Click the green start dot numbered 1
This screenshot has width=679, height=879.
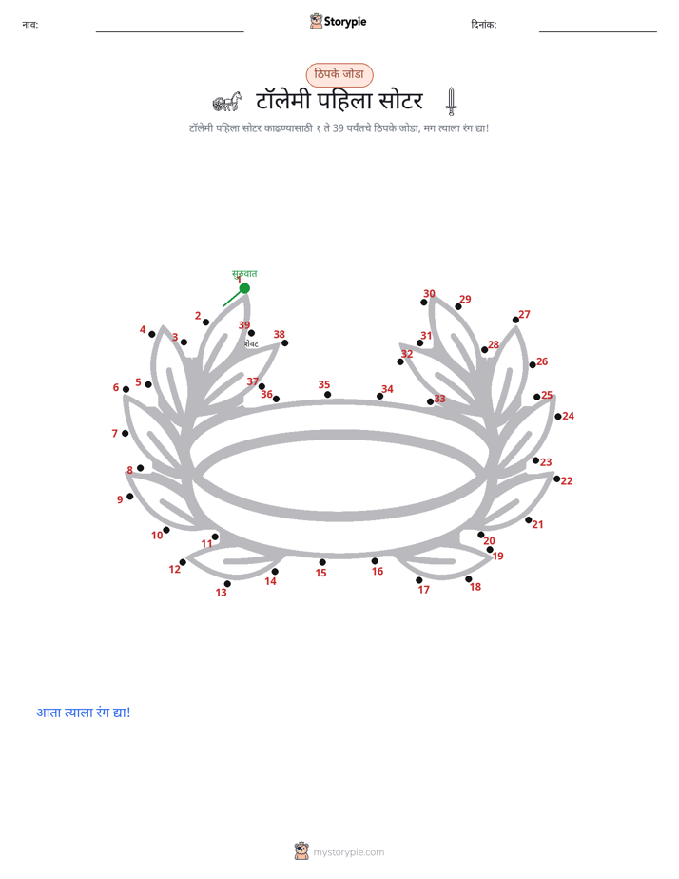pyautogui.click(x=244, y=288)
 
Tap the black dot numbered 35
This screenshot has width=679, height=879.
pyautogui.click(x=328, y=395)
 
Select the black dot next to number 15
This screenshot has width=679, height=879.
pyautogui.click(x=322, y=562)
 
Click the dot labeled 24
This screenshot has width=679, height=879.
pyautogui.click(x=558, y=417)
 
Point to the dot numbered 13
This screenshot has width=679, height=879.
pyautogui.click(x=227, y=583)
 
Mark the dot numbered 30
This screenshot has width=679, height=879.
pyautogui.click(x=424, y=303)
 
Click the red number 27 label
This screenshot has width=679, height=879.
pyautogui.click(x=524, y=315)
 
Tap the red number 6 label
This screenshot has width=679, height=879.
pyautogui.click(x=116, y=387)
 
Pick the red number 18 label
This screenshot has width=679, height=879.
pyautogui.click(x=475, y=587)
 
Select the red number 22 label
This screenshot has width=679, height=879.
pyautogui.click(x=567, y=481)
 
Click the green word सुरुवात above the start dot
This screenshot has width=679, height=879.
pyautogui.click(x=244, y=274)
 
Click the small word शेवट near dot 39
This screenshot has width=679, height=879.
pyautogui.click(x=252, y=344)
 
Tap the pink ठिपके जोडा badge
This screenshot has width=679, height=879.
pyautogui.click(x=339, y=74)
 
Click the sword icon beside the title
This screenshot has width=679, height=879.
pyautogui.click(x=451, y=102)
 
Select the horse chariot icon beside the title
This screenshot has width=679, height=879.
pyautogui.click(x=227, y=102)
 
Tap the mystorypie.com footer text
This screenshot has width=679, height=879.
pyautogui.click(x=348, y=852)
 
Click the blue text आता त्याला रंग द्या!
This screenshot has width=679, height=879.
pyautogui.click(x=84, y=713)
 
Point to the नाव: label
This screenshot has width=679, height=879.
pyautogui.click(x=30, y=24)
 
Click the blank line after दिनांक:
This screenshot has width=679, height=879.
pyautogui.click(x=598, y=32)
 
